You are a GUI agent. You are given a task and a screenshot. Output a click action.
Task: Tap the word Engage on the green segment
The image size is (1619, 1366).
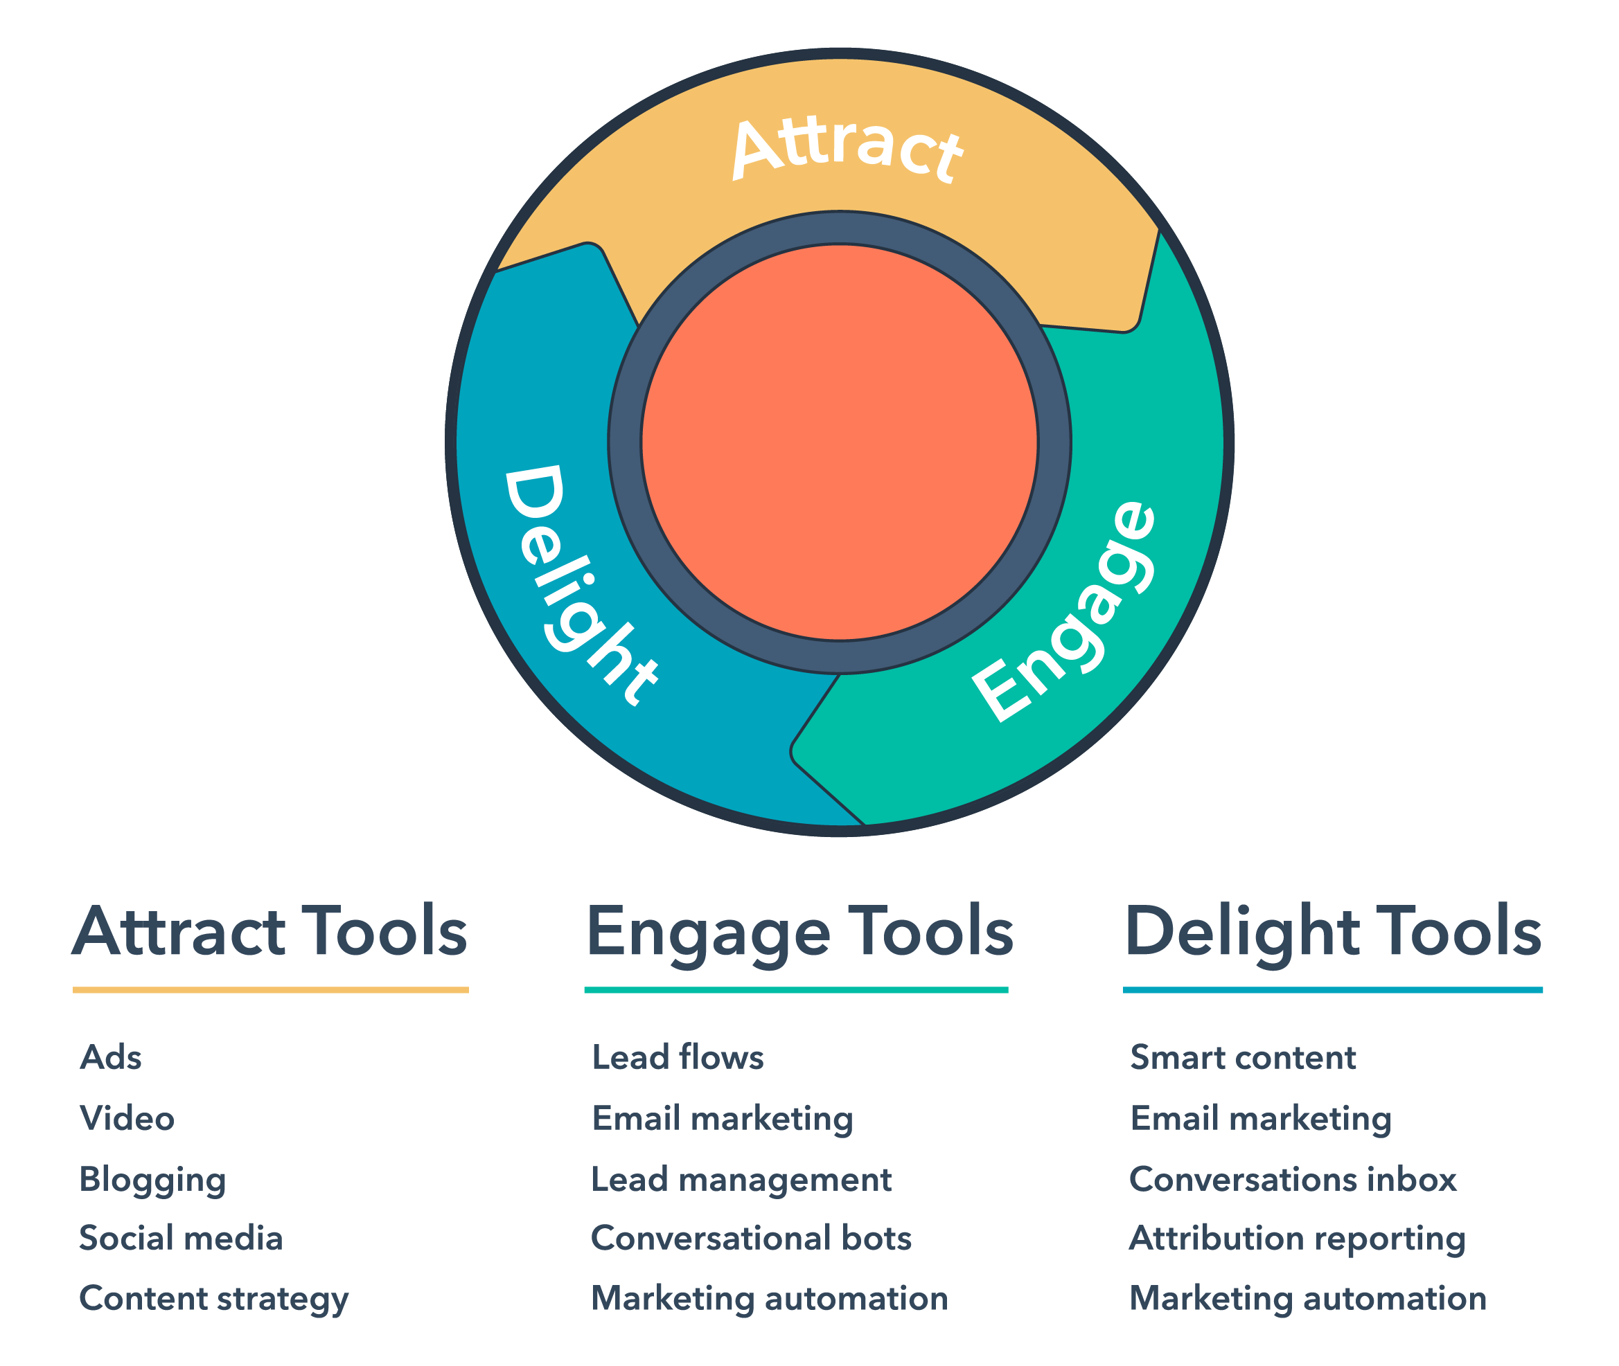[1065, 612]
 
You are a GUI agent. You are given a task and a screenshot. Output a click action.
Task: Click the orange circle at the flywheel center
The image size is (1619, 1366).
[839, 443]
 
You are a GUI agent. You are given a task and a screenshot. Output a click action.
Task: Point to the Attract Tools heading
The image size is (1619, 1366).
[269, 932]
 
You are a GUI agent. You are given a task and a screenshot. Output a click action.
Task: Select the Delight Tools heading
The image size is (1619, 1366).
[1332, 932]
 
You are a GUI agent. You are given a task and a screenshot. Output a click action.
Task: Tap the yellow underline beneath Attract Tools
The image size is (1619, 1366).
[270, 989]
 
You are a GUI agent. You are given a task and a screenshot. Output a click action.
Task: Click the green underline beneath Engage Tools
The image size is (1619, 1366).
[795, 989]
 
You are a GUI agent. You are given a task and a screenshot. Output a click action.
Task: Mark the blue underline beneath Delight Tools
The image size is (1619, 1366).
[1332, 989]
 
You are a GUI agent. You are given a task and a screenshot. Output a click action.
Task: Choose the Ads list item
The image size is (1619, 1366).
[111, 1058]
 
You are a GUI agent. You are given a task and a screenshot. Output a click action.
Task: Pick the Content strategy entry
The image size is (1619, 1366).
[214, 1300]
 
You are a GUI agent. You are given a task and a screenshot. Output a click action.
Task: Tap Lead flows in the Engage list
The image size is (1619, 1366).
[677, 1058]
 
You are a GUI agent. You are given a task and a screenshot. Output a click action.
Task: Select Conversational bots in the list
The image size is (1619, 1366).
[751, 1238]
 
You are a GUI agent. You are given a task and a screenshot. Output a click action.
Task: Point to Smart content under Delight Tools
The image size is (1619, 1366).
[1243, 1058]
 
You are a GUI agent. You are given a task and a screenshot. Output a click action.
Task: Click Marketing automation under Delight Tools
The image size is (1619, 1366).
[1307, 1300]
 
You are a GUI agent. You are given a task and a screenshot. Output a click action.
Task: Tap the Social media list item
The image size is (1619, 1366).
[181, 1238]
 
